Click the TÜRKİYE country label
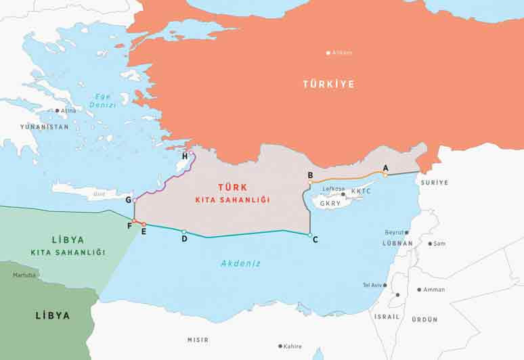[x=328, y=85]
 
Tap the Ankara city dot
[x=328, y=52]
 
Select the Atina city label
[x=68, y=110]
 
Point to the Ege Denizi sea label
[x=103, y=101]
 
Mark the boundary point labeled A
[x=385, y=175]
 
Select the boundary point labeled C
[x=309, y=235]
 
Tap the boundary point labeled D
[x=183, y=231]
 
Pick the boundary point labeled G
[x=135, y=201]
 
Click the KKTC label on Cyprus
[x=361, y=192]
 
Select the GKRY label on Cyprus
[x=330, y=203]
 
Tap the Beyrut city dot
[x=406, y=232]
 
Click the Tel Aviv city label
[x=373, y=285]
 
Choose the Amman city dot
[x=420, y=290]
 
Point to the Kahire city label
[x=292, y=346]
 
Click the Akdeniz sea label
[x=240, y=263]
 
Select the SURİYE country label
[x=434, y=183]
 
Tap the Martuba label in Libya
[x=24, y=275]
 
